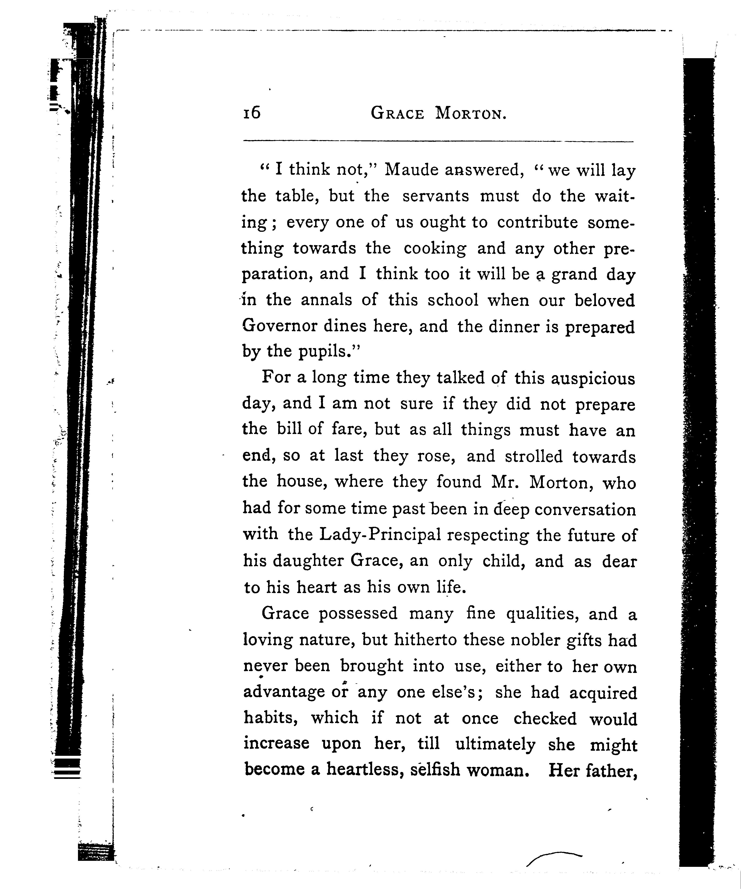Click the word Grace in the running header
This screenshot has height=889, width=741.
click(x=397, y=113)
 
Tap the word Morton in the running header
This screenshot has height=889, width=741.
click(x=470, y=113)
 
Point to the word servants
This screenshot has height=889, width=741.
click(x=436, y=196)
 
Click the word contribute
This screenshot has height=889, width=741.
click(x=537, y=222)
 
